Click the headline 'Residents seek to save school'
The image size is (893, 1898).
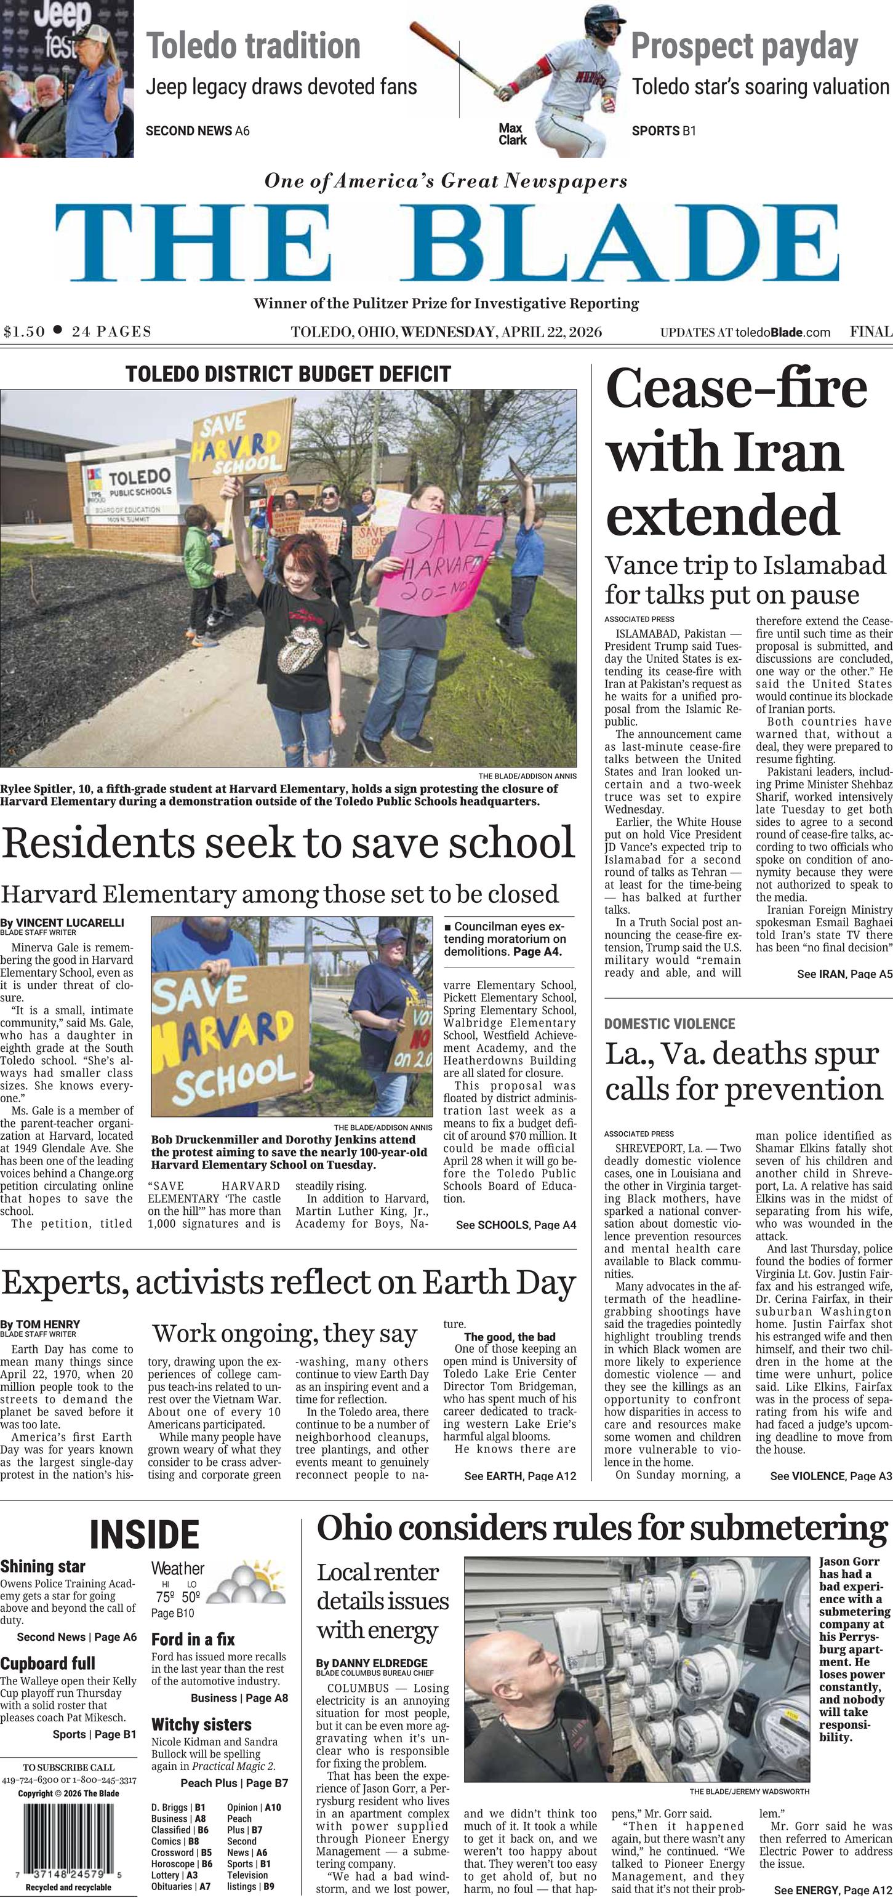point(287,843)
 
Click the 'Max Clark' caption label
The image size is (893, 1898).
point(512,134)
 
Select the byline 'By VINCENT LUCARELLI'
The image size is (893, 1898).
point(62,923)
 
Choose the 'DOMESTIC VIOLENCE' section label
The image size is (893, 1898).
point(669,1023)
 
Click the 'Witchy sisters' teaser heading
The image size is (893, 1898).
point(201,1725)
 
